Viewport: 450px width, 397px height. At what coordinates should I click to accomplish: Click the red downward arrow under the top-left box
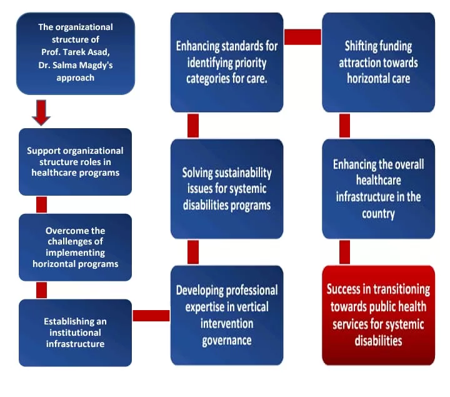pos(41,112)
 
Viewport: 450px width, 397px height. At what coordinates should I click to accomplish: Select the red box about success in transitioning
pos(378,315)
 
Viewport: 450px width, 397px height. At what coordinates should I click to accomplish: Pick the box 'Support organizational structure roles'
pos(75,162)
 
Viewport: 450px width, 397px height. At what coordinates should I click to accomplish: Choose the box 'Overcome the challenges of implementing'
pos(75,247)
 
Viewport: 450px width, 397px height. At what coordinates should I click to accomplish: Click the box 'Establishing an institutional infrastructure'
pos(75,333)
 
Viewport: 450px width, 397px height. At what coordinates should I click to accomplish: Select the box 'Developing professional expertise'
pos(226,315)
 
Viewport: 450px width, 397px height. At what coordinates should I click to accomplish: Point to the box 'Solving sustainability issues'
pos(226,189)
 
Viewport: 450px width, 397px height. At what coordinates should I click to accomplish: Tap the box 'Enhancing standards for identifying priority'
pos(226,63)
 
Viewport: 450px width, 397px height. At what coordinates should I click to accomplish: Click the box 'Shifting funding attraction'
pos(378,63)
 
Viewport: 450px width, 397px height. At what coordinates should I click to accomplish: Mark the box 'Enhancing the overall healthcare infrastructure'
pos(378,189)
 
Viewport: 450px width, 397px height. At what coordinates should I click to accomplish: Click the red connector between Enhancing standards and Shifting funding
pos(302,37)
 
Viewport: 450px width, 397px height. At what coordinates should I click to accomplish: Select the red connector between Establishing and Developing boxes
pos(151,315)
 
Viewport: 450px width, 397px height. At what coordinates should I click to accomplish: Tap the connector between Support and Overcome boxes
pos(42,204)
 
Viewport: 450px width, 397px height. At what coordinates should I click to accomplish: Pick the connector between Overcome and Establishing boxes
pos(42,289)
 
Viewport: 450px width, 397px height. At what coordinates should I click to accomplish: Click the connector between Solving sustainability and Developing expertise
pos(193,252)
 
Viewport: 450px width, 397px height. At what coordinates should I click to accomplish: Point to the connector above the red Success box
pos(344,252)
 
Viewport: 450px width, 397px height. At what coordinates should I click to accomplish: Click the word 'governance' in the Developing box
pos(226,341)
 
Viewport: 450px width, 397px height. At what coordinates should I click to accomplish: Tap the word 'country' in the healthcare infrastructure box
pos(378,214)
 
